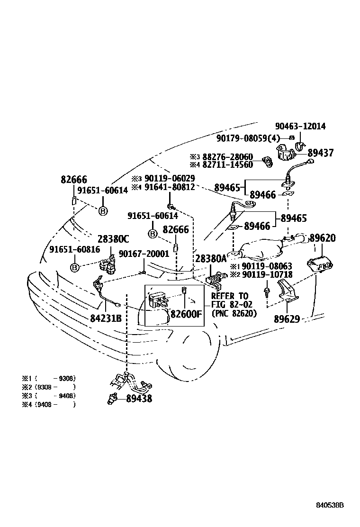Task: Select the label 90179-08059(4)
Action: click(x=248, y=138)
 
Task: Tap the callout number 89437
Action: click(x=320, y=153)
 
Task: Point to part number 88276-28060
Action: click(x=228, y=157)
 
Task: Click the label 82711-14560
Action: click(x=228, y=165)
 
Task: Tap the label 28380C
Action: click(x=113, y=239)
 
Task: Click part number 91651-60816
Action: click(x=74, y=249)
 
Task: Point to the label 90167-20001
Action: click(x=144, y=254)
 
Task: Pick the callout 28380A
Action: click(x=211, y=258)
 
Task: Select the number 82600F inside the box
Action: click(x=186, y=314)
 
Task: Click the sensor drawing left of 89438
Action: click(x=113, y=399)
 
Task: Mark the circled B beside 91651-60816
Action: click(x=74, y=268)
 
